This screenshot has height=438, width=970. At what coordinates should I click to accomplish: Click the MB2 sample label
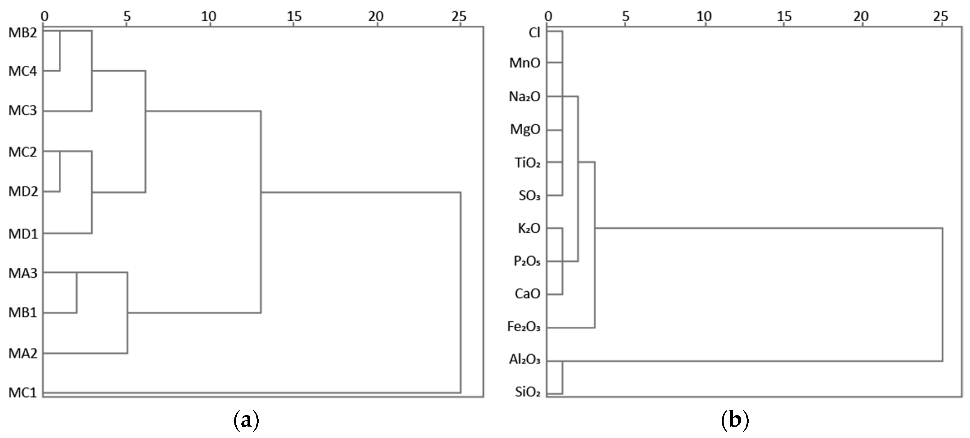point(23,33)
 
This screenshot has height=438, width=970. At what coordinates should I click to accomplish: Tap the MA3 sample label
point(23,273)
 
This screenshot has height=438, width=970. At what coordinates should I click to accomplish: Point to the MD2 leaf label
point(23,192)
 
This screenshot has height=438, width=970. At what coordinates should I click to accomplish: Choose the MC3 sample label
point(23,111)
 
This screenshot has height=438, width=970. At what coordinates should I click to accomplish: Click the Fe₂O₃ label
point(524,327)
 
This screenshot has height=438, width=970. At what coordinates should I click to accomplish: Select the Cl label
point(534,33)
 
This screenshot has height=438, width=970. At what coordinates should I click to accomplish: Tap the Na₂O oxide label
point(525,97)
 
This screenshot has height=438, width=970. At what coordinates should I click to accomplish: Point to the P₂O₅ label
point(527,261)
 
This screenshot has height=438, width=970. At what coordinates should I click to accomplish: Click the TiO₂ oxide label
point(528,163)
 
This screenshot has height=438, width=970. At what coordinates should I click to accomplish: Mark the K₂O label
point(529,228)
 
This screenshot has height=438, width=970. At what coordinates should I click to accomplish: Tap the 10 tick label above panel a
point(208,16)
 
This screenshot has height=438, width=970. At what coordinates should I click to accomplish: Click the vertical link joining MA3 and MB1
point(77,293)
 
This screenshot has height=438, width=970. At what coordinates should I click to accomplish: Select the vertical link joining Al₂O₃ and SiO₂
point(563,377)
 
